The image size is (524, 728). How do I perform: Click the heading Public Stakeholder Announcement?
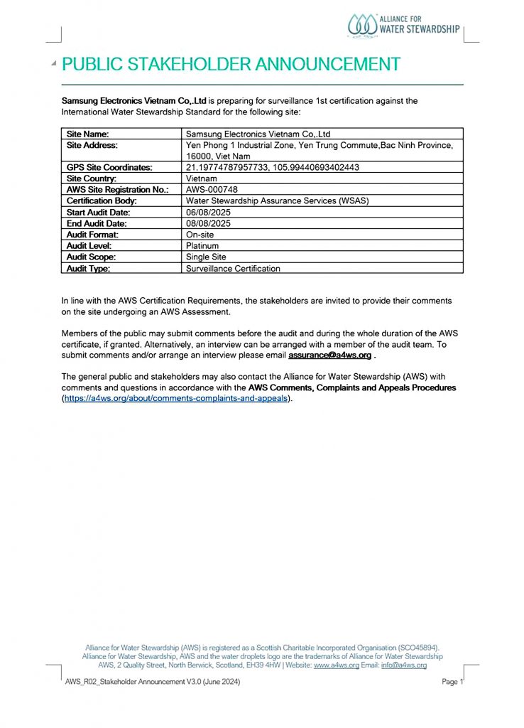point(231,64)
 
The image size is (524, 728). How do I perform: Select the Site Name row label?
point(87,134)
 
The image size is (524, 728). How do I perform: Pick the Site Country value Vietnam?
point(202,178)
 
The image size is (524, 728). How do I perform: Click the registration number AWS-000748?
point(212,190)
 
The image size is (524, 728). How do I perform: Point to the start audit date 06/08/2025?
point(208,212)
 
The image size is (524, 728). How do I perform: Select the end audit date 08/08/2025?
point(208,223)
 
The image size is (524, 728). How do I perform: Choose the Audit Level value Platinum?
point(202,246)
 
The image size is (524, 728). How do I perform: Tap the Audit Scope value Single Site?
point(206,257)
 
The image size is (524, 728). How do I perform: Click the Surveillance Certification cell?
point(233,269)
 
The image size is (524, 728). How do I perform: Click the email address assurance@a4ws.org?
point(329,355)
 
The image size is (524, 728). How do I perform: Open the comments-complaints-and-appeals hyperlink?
point(176,399)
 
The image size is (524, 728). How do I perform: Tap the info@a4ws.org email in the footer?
point(404,665)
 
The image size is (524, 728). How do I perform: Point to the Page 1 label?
point(452,682)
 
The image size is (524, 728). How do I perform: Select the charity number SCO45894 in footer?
point(419,648)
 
